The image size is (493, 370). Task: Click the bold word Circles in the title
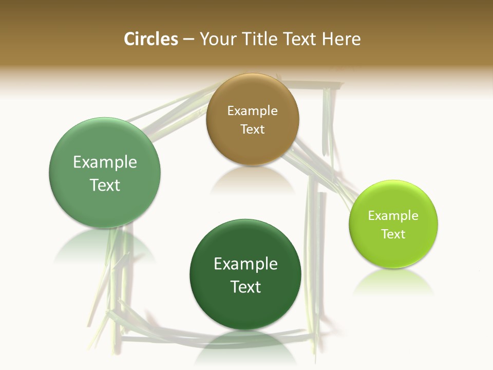tap(150, 39)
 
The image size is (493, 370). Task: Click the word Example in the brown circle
tap(252, 110)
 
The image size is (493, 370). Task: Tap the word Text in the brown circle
tap(252, 129)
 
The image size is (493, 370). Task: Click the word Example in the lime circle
tap(393, 215)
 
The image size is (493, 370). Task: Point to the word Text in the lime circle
tap(393, 234)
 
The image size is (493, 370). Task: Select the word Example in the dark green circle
tap(245, 264)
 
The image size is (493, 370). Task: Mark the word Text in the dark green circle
tap(245, 287)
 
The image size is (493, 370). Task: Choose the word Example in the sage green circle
tap(105, 162)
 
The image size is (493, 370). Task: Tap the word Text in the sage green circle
tap(105, 185)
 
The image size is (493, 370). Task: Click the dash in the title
tap(188, 40)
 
